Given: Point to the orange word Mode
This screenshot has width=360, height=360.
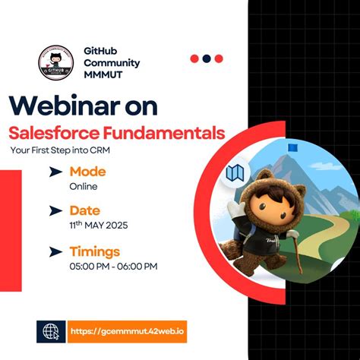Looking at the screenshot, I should coord(87,172).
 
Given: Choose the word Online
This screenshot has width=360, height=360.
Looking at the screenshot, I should coord(84,186).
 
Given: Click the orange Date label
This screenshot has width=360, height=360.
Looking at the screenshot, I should coord(86,210).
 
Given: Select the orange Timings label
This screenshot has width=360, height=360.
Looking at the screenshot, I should coord(95,251).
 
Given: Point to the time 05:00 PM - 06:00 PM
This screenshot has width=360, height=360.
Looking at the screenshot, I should coord(113,266).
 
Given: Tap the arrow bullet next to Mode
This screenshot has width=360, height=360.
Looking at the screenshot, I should coord(55,172).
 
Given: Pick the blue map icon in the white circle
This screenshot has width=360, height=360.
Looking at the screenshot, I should coord(235,174).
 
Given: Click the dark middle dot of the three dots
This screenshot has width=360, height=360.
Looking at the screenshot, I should coord(207,58).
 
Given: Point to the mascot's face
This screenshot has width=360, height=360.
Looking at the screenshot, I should coord(270,206).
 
